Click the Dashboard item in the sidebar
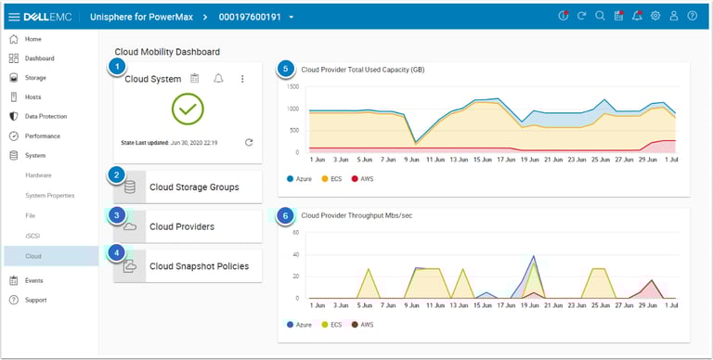(x=39, y=58)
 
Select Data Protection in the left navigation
(x=45, y=117)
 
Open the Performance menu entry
(x=43, y=135)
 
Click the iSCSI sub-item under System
(x=32, y=236)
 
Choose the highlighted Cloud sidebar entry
(x=33, y=256)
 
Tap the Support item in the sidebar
(x=35, y=300)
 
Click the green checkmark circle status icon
(x=188, y=109)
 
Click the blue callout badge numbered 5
(x=286, y=69)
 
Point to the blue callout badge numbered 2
(x=116, y=175)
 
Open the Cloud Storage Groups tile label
(x=194, y=187)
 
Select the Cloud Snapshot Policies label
(x=199, y=266)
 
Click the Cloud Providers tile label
(x=182, y=226)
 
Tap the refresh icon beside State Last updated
(x=249, y=142)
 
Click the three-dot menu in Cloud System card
(x=242, y=79)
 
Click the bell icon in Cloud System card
(x=218, y=79)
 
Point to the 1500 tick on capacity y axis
(x=293, y=87)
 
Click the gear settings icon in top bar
(x=655, y=17)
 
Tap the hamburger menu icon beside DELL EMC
(x=14, y=17)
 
